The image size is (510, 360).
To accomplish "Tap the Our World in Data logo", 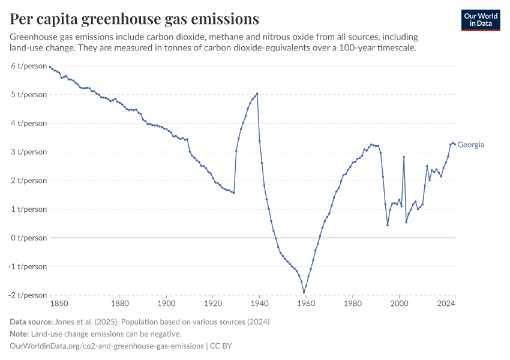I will click(x=480, y=19).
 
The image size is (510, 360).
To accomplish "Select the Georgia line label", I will click(x=471, y=145).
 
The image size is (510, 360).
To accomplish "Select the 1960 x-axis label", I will click(x=306, y=304).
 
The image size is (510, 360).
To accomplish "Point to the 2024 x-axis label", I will click(x=446, y=304).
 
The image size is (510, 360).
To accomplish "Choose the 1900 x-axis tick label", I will click(x=166, y=304).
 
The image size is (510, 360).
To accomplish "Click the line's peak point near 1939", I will click(x=257, y=94).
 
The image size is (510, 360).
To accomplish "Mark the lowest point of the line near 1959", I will click(x=304, y=292).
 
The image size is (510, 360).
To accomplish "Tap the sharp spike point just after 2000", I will click(x=404, y=157).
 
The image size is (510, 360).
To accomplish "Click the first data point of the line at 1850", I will click(x=50, y=67).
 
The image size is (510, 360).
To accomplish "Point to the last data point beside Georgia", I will click(x=455, y=144).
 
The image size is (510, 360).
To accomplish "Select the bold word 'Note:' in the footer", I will click(x=20, y=334).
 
